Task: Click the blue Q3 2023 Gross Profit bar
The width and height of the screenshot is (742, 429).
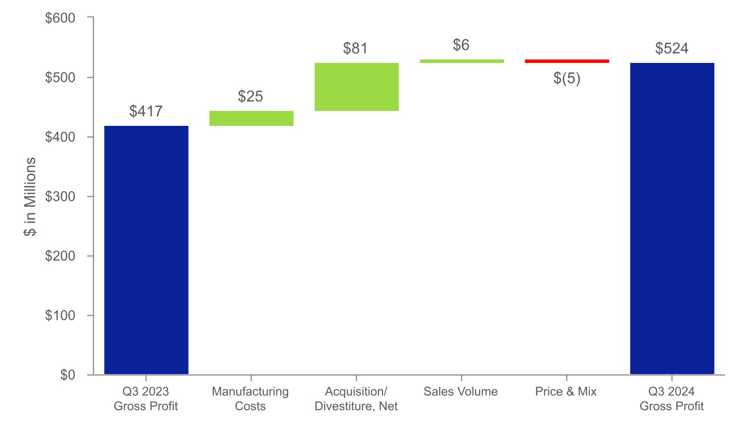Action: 146,250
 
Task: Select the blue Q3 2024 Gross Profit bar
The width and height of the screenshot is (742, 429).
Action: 672,219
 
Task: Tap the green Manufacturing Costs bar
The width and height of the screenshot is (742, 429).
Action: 251,118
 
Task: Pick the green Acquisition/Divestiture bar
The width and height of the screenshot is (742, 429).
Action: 356,86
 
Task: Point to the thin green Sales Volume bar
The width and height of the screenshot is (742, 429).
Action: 461,61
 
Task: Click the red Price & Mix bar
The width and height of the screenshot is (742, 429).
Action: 567,61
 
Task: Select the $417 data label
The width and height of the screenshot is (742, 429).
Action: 146,112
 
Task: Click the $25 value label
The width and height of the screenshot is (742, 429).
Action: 250,97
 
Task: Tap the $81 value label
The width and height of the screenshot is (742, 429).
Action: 355,49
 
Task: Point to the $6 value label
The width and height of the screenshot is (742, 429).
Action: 461,45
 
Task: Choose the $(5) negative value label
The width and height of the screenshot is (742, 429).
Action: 567,78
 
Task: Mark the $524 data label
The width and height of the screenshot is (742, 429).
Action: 672,49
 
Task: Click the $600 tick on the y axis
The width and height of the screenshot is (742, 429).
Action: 60,18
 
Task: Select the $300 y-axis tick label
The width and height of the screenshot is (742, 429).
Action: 60,196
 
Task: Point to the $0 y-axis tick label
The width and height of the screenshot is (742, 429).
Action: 68,375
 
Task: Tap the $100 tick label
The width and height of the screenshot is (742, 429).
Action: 60,315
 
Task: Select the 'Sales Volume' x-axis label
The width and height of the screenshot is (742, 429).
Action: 461,392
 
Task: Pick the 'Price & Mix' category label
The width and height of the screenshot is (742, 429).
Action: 566,392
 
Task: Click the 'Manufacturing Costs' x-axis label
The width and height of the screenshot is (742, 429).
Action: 250,399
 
